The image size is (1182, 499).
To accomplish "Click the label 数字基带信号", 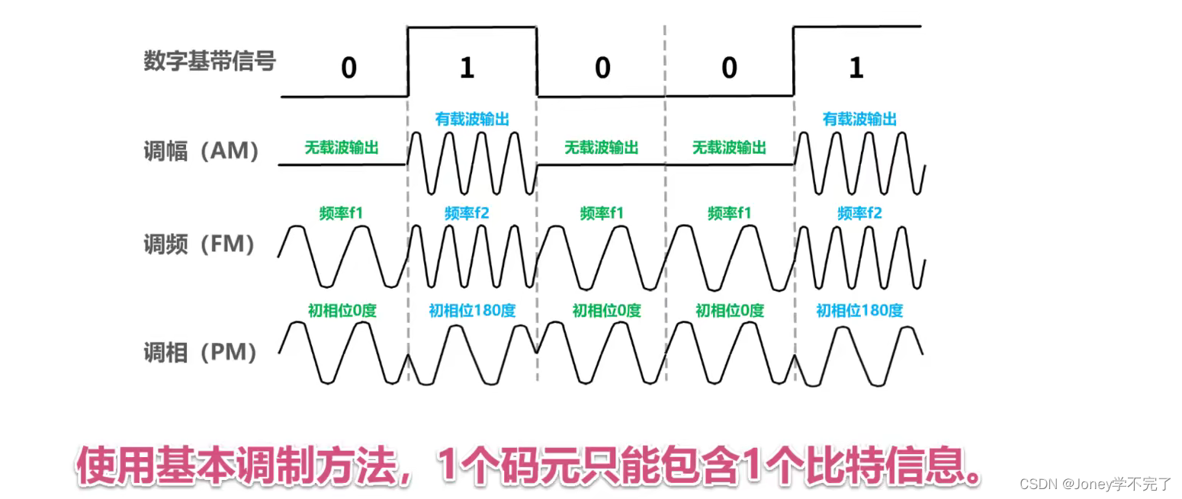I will [x=209, y=62].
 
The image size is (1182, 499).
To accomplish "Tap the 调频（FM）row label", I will [x=200, y=245].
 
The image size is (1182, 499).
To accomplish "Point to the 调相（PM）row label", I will [x=200, y=353].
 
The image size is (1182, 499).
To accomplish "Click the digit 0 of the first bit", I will [x=348, y=69].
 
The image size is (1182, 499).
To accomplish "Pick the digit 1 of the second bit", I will [x=467, y=69].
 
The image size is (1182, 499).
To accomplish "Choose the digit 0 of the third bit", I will [x=602, y=69].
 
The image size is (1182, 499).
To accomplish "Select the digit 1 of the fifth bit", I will [x=856, y=69].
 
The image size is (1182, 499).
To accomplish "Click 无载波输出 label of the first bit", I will [x=342, y=147].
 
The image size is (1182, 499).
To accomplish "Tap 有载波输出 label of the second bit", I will [x=472, y=120].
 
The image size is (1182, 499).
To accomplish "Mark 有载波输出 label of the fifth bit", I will [x=859, y=120].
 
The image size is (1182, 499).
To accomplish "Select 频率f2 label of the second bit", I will [x=467, y=213].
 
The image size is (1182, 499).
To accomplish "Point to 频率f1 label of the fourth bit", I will [x=729, y=213].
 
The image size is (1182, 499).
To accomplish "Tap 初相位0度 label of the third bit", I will [x=607, y=311].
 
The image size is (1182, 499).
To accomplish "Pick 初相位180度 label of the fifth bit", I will [x=859, y=311].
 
